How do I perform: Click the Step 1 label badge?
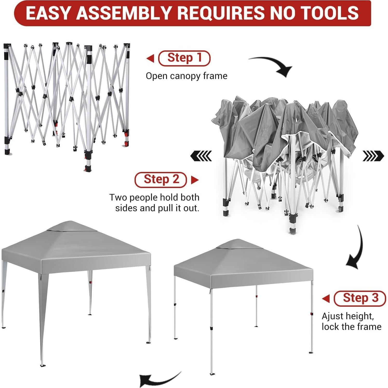[x=184, y=58]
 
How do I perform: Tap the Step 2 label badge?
[x=161, y=179]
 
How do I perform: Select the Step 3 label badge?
[x=360, y=298]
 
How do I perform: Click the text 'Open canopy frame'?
[x=186, y=76]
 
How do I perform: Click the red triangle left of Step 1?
[x=150, y=58]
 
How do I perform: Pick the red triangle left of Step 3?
[x=326, y=299]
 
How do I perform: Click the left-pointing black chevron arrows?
[x=201, y=156]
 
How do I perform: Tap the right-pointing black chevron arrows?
[x=373, y=156]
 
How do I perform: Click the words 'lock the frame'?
[x=351, y=327]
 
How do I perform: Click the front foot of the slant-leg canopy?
[x=43, y=366]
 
